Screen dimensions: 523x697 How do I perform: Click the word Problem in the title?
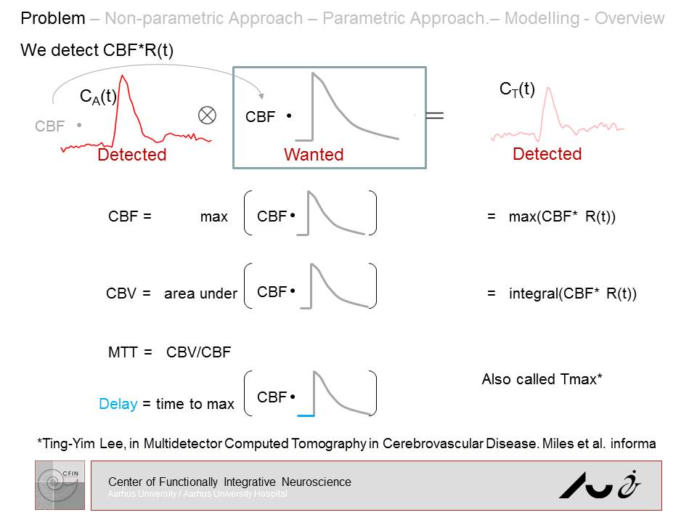click(x=52, y=18)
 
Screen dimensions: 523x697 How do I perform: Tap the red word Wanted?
click(x=314, y=155)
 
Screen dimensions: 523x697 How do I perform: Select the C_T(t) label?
click(x=517, y=90)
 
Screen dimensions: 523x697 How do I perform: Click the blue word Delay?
click(x=118, y=404)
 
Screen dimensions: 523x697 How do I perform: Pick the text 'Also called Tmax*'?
click(x=542, y=380)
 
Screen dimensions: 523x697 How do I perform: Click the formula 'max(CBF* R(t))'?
click(x=562, y=216)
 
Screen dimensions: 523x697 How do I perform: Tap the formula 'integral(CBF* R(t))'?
click(x=572, y=294)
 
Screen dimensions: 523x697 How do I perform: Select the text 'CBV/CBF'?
click(x=198, y=353)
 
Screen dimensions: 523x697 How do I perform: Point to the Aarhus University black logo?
click(x=600, y=485)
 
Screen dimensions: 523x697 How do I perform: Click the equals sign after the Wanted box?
click(x=434, y=115)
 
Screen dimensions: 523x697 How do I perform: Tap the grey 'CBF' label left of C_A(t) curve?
click(x=49, y=127)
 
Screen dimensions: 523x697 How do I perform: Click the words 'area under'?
click(x=200, y=294)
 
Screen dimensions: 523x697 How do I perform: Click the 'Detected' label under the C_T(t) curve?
click(x=547, y=154)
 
